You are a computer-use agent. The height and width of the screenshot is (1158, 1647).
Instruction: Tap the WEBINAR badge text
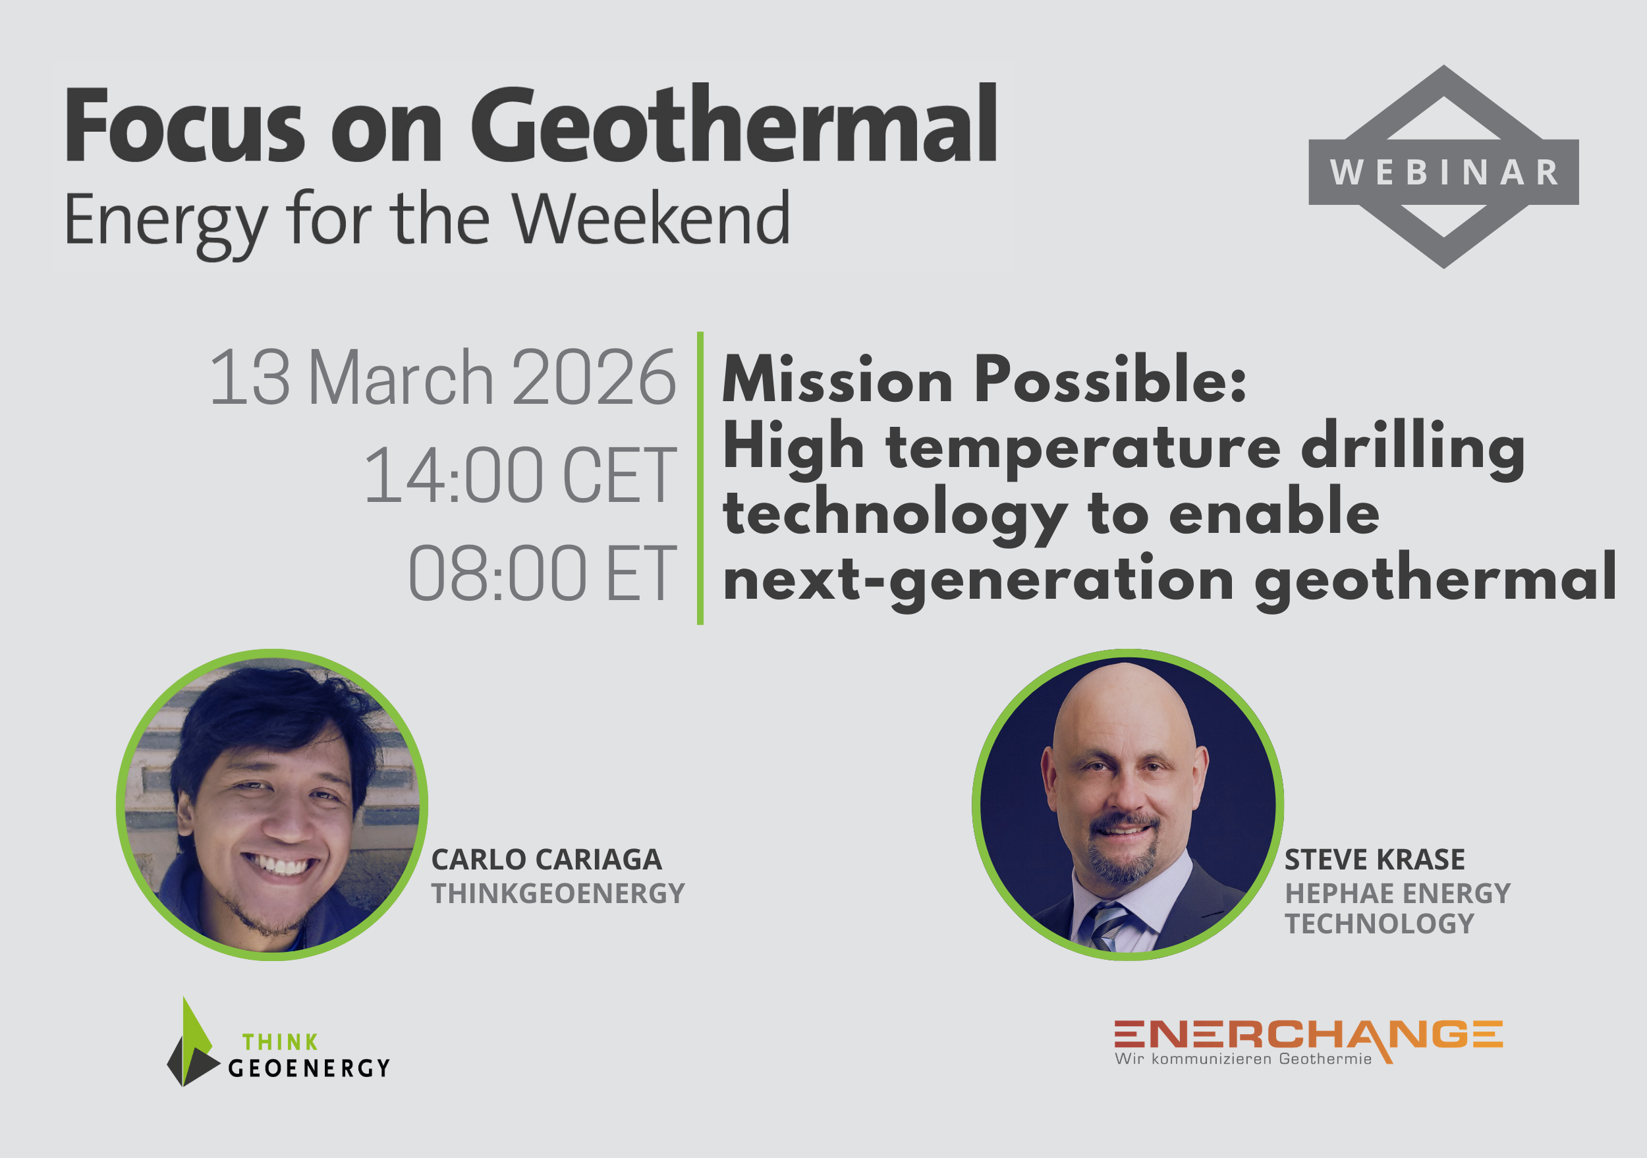pyautogui.click(x=1444, y=172)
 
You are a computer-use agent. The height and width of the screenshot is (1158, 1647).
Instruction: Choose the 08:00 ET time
pyautogui.click(x=542, y=573)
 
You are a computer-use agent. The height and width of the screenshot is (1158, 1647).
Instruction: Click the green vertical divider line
pyautogui.click(x=700, y=478)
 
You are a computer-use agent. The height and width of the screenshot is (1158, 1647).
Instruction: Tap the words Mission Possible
pyautogui.click(x=984, y=379)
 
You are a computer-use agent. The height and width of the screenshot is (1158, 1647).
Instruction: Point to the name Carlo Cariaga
pyautogui.click(x=546, y=860)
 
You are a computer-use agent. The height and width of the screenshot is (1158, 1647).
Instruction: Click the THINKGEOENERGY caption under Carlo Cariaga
pyautogui.click(x=557, y=893)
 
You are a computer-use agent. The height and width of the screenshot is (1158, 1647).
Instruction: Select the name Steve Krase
pyautogui.click(x=1374, y=860)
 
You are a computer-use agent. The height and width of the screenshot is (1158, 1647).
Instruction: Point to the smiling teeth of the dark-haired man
pyautogui.click(x=281, y=866)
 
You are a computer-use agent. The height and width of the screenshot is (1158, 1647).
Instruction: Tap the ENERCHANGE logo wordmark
pyautogui.click(x=1308, y=1035)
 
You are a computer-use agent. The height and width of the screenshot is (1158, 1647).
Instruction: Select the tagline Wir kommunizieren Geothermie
pyautogui.click(x=1242, y=1059)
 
